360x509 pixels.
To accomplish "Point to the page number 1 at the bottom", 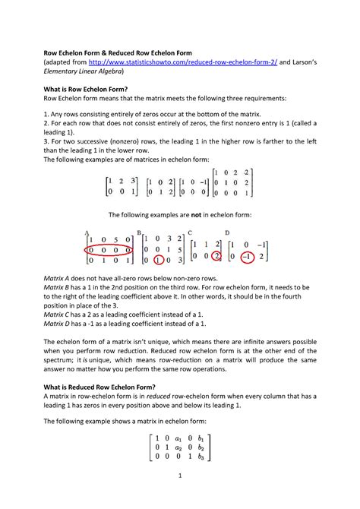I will [179, 476].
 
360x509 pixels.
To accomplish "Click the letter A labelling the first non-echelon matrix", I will [87, 233].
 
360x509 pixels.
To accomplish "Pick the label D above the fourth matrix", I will [226, 233].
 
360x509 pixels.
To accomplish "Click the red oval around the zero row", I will [109, 249].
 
